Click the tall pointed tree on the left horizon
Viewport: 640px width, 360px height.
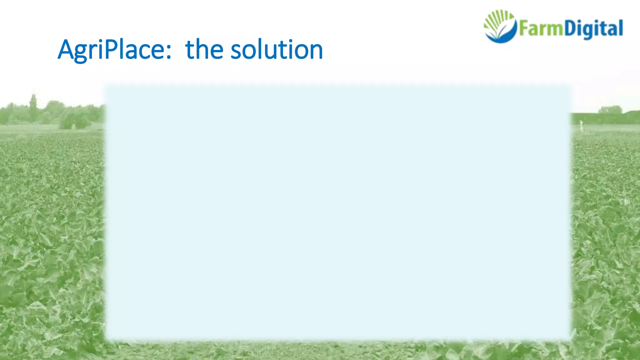click(33, 106)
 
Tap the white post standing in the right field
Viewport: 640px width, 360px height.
click(581, 125)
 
